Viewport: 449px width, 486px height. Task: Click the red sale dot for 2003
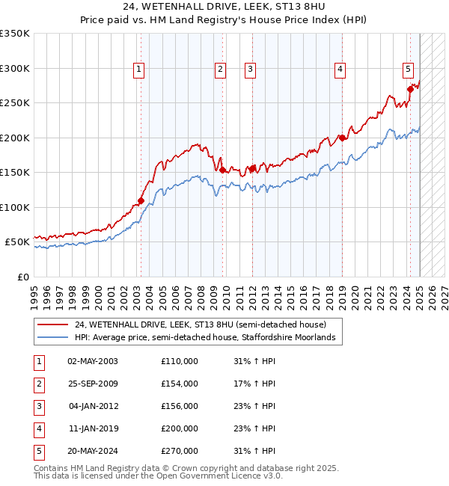point(141,200)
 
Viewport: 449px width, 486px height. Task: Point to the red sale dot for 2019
point(342,138)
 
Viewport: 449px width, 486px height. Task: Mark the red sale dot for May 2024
point(410,89)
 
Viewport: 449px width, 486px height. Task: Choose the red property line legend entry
point(201,324)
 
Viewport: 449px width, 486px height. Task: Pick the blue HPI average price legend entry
point(204,338)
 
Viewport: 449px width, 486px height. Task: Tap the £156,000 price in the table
point(180,406)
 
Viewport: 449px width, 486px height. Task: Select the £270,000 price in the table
point(180,451)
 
